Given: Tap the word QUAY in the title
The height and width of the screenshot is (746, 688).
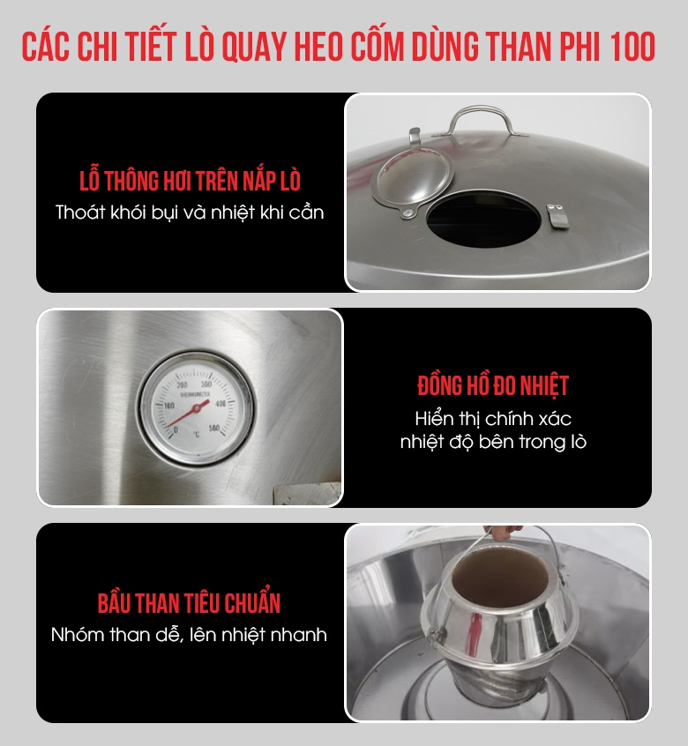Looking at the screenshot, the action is click(x=255, y=47).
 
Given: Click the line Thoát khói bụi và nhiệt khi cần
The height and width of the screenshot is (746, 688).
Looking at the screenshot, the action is click(x=190, y=213).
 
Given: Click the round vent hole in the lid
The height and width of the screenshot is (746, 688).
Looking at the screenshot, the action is click(x=483, y=219).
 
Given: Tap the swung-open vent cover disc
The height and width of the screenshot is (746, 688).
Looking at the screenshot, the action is click(x=412, y=178).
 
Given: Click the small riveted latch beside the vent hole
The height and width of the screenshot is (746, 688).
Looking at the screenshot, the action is click(x=557, y=216).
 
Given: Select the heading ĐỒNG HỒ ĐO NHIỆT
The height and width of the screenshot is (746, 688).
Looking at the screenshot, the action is click(x=493, y=385).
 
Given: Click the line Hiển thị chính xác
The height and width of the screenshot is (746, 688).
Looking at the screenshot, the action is click(x=493, y=419).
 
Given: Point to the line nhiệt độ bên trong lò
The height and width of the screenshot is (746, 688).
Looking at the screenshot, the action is click(x=493, y=442).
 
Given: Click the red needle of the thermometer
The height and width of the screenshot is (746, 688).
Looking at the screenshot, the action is click(x=188, y=413).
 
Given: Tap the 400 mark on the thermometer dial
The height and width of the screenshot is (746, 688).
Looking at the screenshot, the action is click(x=221, y=404).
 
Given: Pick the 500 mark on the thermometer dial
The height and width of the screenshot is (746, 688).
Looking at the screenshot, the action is click(x=214, y=428).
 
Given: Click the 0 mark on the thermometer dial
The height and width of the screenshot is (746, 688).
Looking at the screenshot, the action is click(x=176, y=430).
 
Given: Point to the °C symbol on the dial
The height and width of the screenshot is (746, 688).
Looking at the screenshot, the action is click(x=197, y=435).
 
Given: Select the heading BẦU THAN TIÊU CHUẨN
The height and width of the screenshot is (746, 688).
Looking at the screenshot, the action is click(x=189, y=603).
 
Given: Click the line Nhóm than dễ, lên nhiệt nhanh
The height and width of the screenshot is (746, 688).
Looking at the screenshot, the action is click(x=189, y=635).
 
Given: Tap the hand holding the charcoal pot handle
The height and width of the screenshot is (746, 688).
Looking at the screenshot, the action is click(x=505, y=532).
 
